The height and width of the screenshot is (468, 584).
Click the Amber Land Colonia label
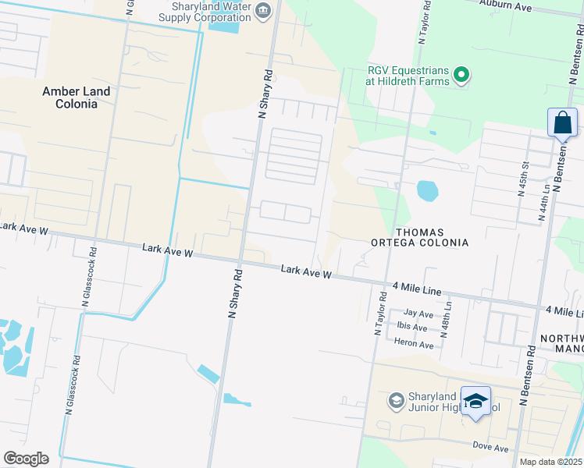[77, 97]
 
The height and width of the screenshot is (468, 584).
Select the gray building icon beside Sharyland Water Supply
[262, 10]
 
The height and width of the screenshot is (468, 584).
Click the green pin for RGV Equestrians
[461, 76]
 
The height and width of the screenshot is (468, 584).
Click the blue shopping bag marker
[562, 123]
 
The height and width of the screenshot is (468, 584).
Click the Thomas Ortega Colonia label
[431, 237]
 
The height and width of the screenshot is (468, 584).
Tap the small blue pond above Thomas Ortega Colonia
[428, 190]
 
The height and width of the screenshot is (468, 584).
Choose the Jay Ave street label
[418, 314]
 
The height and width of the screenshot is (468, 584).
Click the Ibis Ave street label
[412, 328]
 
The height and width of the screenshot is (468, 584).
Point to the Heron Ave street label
[415, 345]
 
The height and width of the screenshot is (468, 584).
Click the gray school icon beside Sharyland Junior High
[396, 401]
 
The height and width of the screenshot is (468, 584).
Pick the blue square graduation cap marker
[475, 401]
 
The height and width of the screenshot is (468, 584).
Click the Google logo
[26, 459]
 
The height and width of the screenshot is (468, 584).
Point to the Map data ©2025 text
[550, 462]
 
